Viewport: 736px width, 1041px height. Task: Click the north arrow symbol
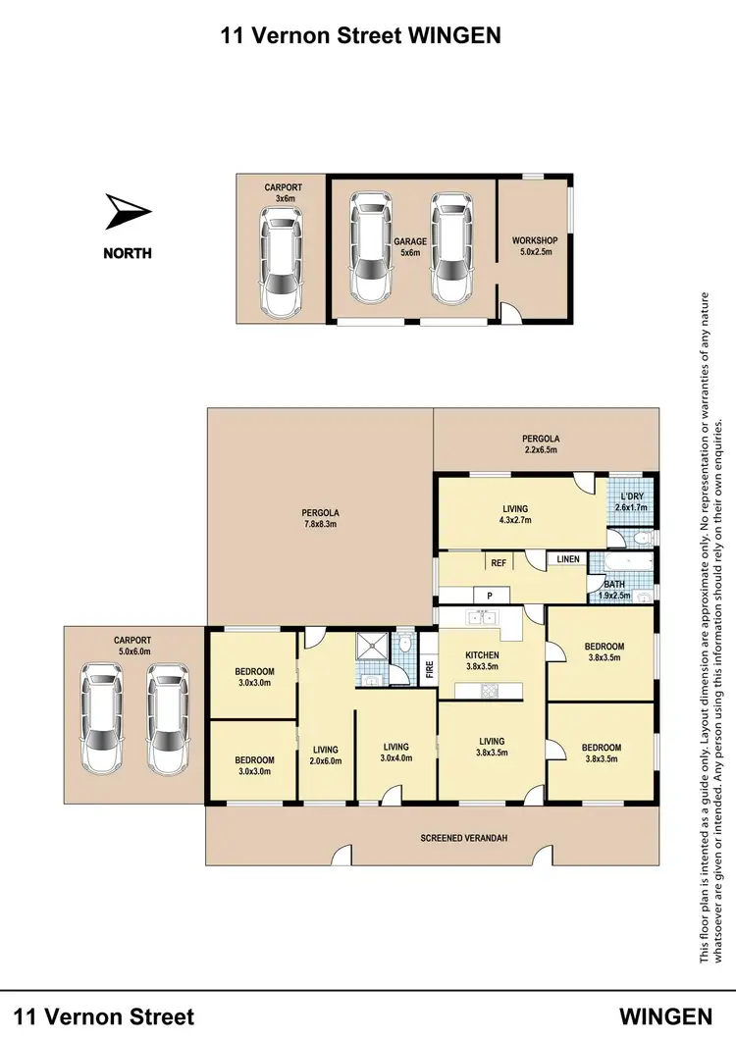tap(128, 211)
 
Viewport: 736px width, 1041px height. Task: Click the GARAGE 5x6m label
tap(410, 246)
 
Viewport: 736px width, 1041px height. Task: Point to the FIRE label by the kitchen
tap(429, 671)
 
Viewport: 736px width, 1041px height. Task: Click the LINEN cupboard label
tap(568, 559)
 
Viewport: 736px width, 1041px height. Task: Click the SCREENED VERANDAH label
tap(460, 837)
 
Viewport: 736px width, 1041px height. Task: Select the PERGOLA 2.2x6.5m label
tap(539, 444)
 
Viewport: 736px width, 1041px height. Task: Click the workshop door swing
tap(510, 312)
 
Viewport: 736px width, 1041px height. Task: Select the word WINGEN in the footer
tap(665, 1015)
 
